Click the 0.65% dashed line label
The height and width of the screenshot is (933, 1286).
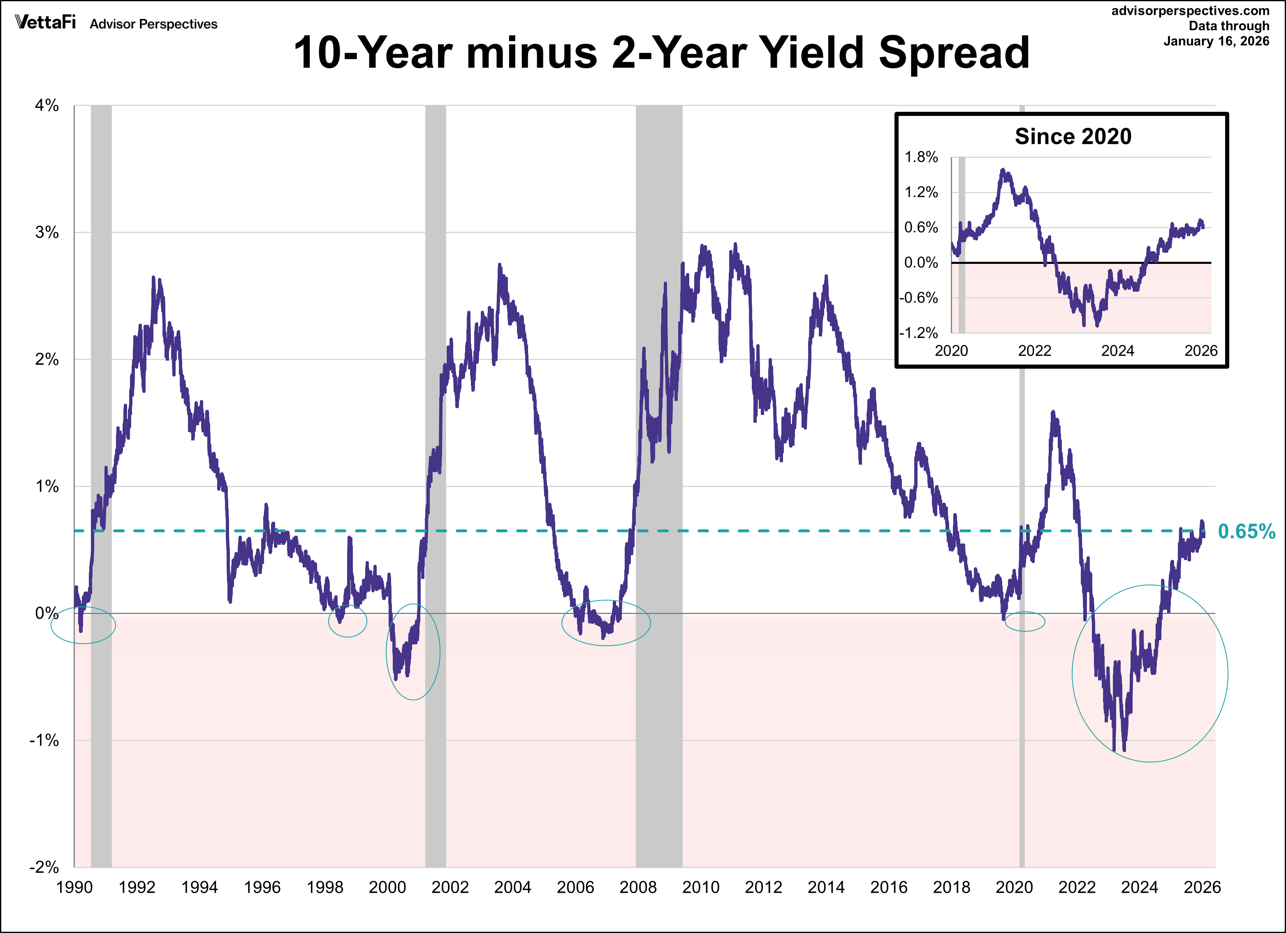1246,531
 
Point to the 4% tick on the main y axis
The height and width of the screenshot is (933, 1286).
46,106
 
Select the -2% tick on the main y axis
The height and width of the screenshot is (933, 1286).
44,867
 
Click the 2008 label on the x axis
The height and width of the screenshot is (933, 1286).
638,887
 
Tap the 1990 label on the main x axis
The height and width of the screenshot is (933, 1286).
74,887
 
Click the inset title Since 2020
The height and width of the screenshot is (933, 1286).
1073,136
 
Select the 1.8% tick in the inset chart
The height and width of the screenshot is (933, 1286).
921,157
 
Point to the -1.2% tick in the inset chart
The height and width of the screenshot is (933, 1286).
919,333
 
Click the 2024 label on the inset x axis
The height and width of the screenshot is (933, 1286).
1117,351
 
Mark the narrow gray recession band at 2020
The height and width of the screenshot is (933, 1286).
1022,737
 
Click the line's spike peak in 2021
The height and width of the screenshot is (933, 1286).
1053,412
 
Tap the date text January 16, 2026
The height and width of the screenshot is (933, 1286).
1216,41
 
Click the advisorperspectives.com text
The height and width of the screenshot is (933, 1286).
1190,11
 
